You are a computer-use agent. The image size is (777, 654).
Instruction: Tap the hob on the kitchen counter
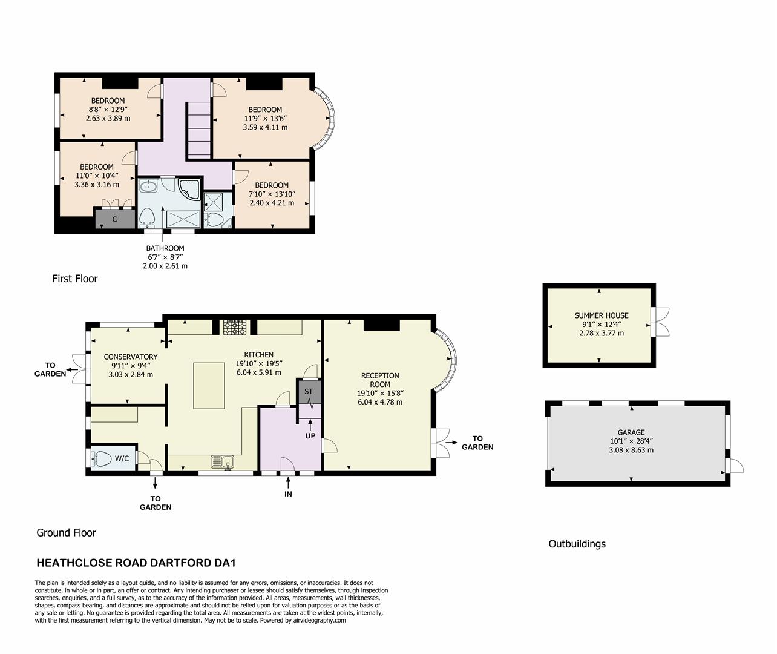click(x=235, y=328)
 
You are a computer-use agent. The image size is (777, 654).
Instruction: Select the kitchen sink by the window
click(x=223, y=463)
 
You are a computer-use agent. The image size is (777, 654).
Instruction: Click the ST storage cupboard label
click(x=309, y=391)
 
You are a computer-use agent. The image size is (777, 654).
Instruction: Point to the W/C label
click(x=122, y=458)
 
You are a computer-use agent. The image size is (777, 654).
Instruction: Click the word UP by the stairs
click(x=310, y=435)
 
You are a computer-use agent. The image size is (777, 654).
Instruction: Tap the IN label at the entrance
click(x=288, y=494)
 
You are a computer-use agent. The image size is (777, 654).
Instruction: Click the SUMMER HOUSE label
click(x=601, y=315)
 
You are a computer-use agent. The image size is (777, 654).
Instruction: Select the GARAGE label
click(x=631, y=432)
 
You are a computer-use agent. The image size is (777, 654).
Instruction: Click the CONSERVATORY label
click(x=130, y=357)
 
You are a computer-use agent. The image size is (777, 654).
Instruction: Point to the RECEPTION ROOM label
click(x=380, y=380)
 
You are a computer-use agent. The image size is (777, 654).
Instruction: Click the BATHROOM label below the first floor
click(x=165, y=248)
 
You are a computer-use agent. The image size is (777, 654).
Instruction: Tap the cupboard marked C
click(x=115, y=219)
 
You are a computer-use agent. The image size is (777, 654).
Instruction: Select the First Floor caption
click(x=75, y=279)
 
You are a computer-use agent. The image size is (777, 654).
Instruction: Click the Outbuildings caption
click(x=577, y=544)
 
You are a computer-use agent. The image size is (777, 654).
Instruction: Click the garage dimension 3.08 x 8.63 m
click(x=631, y=450)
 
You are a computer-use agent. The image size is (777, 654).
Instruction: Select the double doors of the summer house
click(x=661, y=322)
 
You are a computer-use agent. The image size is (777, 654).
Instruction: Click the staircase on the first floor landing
click(x=198, y=129)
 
